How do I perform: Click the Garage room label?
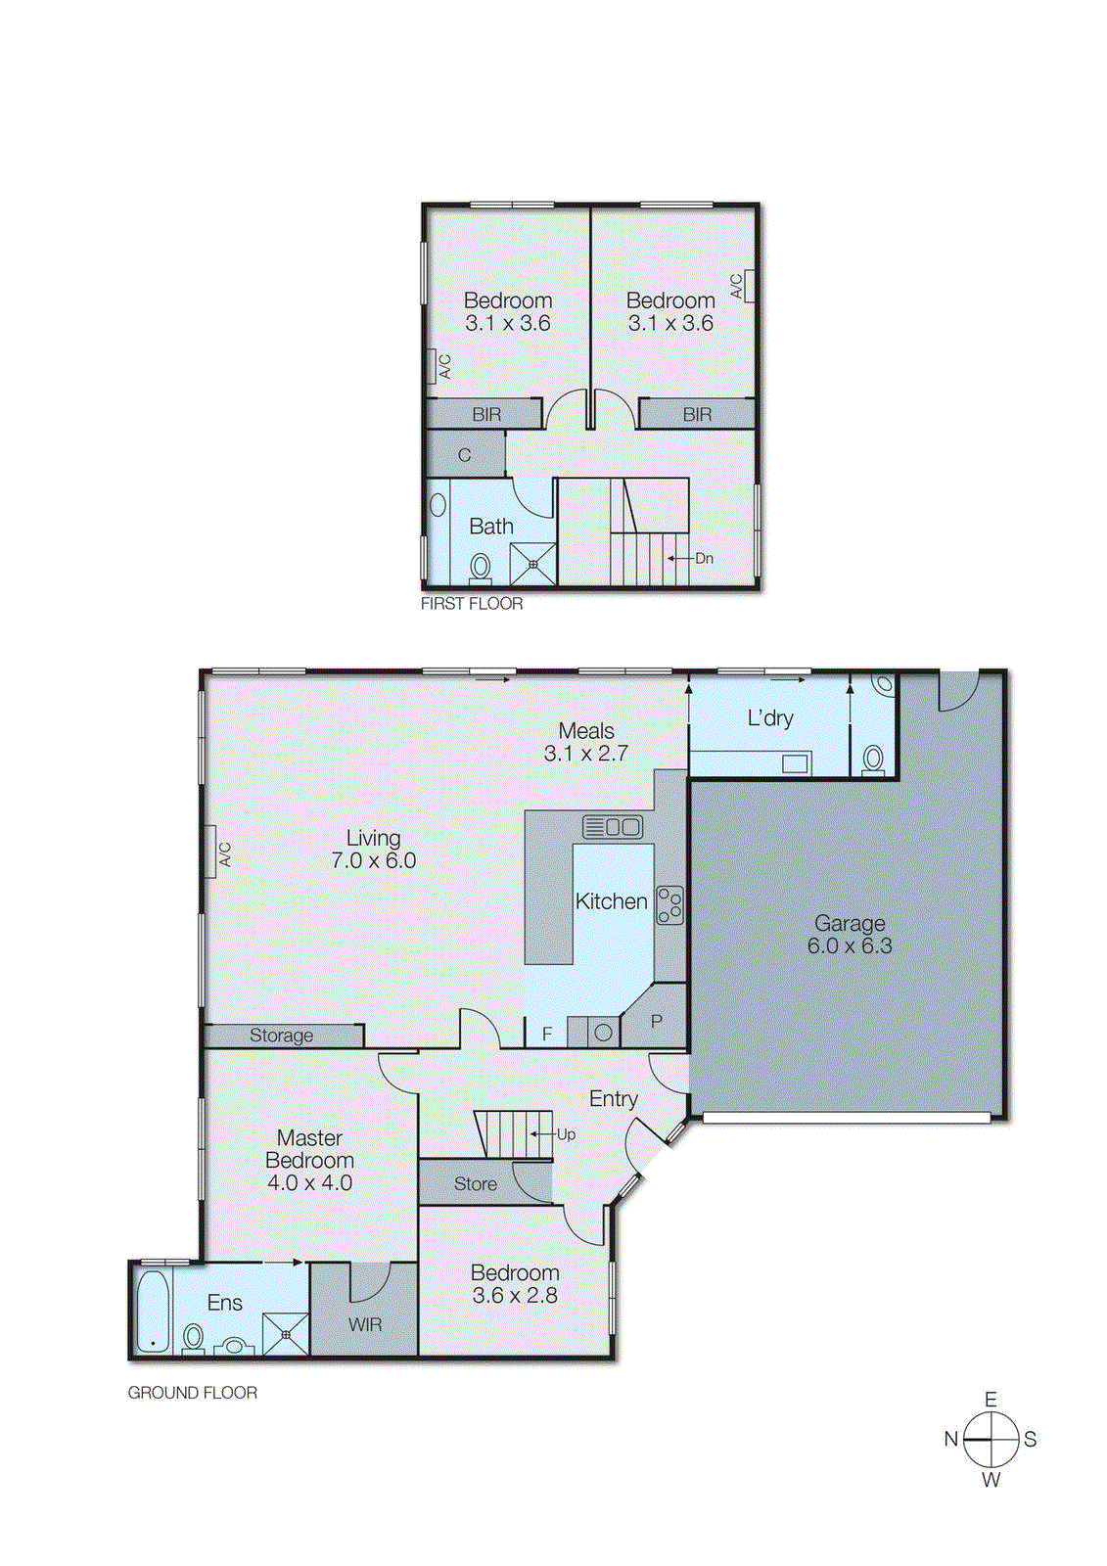click(849, 923)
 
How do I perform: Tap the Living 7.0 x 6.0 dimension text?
click(373, 861)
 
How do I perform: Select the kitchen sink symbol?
click(613, 827)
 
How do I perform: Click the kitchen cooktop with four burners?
click(669, 904)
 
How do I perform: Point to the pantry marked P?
click(656, 1022)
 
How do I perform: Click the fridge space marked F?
click(547, 1034)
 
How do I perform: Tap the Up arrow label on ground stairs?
click(566, 1134)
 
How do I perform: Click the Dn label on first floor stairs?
click(704, 558)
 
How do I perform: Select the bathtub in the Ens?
click(152, 1312)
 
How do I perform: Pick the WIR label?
click(365, 1324)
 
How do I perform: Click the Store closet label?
click(476, 1184)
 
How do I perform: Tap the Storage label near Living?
click(281, 1036)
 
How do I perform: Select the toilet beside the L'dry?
click(873, 759)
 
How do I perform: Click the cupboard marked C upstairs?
click(465, 455)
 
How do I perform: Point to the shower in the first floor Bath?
click(532, 565)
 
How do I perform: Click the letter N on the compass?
click(950, 1439)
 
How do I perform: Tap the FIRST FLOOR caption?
click(472, 604)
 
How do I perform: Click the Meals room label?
click(586, 731)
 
